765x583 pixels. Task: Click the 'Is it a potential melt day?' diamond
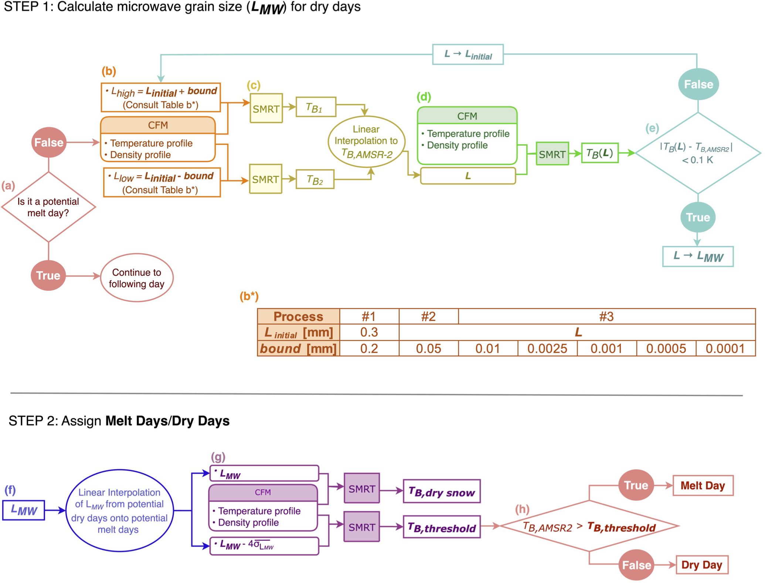click(48, 207)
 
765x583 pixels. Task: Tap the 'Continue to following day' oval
click(137, 278)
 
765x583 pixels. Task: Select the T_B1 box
click(316, 107)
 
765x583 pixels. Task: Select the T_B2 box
click(315, 179)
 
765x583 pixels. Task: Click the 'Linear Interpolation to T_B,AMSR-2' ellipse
click(366, 142)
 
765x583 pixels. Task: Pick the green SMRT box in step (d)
click(552, 154)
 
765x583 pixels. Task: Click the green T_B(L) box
click(599, 153)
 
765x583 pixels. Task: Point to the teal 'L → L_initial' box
click(467, 55)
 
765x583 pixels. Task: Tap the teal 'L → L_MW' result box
click(697, 256)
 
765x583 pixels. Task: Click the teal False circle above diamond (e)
click(698, 84)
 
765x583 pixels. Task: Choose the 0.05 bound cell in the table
click(428, 349)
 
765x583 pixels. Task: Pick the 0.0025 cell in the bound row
click(547, 349)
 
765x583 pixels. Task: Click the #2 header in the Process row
click(428, 316)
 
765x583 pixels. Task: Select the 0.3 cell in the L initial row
click(369, 332)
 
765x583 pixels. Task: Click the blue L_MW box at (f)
click(24, 510)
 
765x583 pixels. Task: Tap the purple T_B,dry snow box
click(442, 491)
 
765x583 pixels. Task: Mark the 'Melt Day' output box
click(703, 485)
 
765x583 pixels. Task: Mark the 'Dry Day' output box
click(701, 565)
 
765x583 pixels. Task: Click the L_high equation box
click(161, 98)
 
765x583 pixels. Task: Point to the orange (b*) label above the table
click(249, 296)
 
